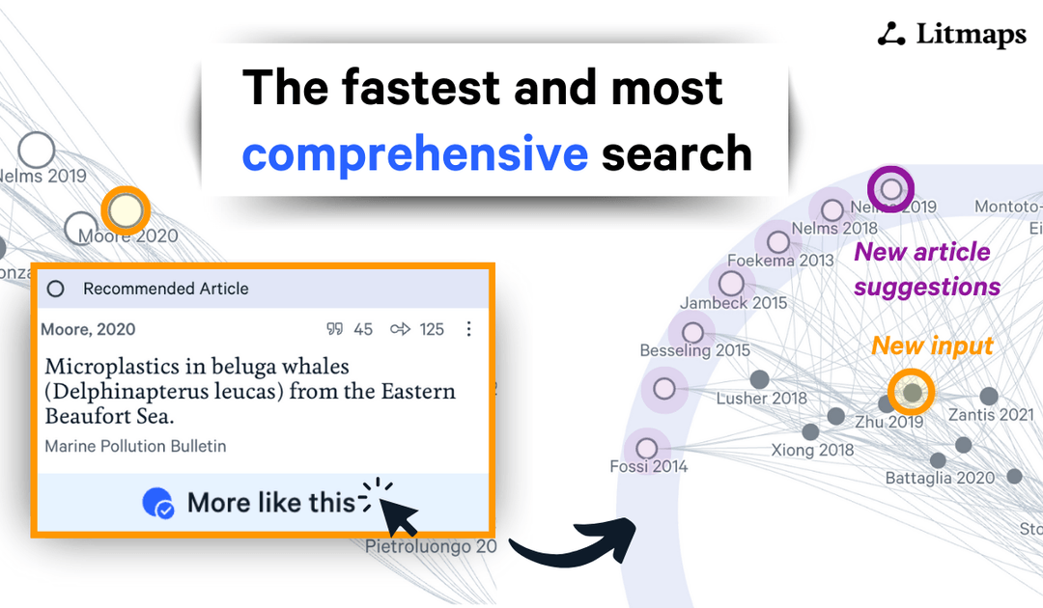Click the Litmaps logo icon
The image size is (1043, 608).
891,35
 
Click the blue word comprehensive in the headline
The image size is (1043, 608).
414,153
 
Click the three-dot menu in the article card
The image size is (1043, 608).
469,329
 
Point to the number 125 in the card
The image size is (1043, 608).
432,329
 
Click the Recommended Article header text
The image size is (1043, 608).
165,289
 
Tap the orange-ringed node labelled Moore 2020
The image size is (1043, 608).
126,209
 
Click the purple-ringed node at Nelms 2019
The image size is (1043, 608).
890,188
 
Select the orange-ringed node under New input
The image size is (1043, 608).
912,392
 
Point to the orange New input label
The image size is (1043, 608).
932,345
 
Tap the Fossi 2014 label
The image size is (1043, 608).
648,467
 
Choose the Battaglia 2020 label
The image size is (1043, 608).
940,478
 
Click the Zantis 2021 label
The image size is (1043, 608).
990,416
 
